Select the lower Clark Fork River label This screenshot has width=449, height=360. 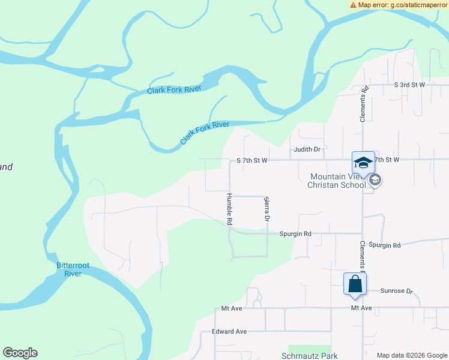click(x=205, y=133)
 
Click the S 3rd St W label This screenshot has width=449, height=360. click(x=409, y=85)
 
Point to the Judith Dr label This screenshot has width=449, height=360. click(x=307, y=149)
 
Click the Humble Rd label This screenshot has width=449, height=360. click(x=229, y=209)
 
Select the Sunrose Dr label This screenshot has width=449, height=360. click(x=397, y=291)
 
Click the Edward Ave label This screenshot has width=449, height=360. click(x=229, y=331)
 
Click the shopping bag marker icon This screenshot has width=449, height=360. click(x=355, y=283)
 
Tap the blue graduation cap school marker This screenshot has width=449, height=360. click(x=363, y=162)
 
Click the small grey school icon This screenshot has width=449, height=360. click(x=376, y=179)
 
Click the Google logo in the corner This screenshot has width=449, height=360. click(x=20, y=353)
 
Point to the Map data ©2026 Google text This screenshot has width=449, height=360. click(x=411, y=355)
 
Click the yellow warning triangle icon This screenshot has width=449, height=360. click(x=354, y=5)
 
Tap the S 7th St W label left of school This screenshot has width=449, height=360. click(x=252, y=160)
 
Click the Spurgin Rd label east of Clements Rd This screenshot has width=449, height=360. click(x=385, y=245)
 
